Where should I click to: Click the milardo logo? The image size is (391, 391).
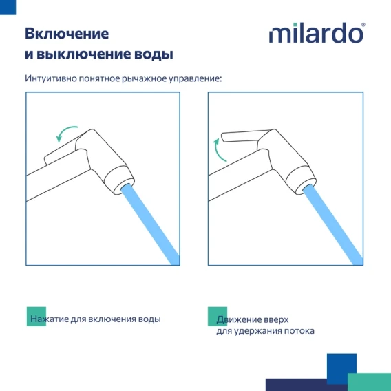(317, 32)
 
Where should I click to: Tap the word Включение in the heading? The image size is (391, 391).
(67, 34)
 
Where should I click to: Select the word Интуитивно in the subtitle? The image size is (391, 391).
(51, 78)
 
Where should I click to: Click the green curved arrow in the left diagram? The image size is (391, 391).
(64, 130)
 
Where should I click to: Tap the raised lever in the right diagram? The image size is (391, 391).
(246, 136)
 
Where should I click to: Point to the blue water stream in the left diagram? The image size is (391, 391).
(150, 224)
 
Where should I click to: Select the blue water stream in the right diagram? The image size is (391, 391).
(332, 224)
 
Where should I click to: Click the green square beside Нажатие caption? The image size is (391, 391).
(36, 317)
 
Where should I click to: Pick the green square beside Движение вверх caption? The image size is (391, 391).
(218, 317)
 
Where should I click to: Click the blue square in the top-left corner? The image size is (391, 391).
(8, 8)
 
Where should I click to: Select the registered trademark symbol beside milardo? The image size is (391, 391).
(363, 25)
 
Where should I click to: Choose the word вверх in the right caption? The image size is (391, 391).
(277, 319)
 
